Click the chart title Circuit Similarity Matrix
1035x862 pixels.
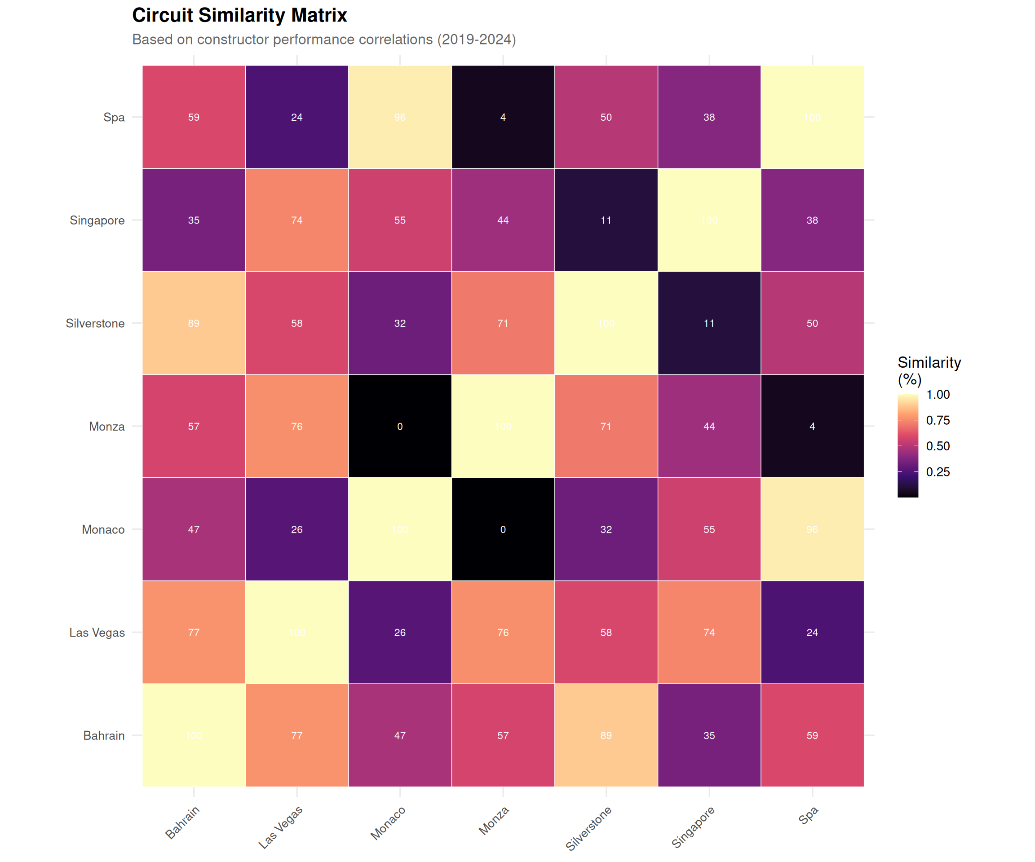coord(239,16)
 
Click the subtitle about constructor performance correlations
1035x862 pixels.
coord(324,40)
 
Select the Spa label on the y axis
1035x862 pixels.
coord(114,117)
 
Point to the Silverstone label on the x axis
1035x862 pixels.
coord(588,828)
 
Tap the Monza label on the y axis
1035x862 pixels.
coord(106,427)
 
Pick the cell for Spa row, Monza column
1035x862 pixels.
coord(503,117)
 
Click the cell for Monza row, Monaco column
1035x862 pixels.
coord(400,427)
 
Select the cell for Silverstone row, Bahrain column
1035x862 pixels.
coord(194,323)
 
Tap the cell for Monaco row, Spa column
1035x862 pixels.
coord(812,529)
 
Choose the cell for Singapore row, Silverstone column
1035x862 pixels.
coord(606,220)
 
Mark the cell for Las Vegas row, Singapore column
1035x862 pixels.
coord(709,633)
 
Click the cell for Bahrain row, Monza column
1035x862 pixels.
coord(503,735)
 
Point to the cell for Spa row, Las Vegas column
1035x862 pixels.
coord(296,117)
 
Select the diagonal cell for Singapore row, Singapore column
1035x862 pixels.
coord(709,220)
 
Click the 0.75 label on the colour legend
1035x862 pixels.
coord(938,420)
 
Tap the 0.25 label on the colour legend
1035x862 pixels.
coord(938,472)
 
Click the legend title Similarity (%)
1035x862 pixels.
coord(929,370)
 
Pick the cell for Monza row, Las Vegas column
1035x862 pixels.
coord(296,427)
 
